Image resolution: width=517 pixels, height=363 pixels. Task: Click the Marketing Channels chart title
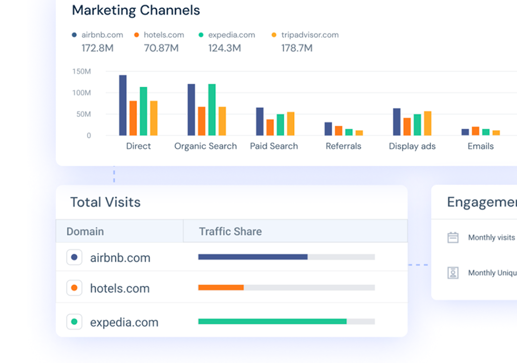(136, 10)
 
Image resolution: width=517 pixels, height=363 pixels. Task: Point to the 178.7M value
(297, 48)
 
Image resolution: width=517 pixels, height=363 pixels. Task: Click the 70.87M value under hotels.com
(161, 48)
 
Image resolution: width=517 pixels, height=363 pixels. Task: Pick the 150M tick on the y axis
(81, 72)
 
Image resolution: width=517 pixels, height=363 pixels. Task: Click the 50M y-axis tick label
(83, 114)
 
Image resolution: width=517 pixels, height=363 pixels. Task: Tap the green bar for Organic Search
(212, 109)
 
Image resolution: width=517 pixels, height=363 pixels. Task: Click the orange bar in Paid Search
(270, 127)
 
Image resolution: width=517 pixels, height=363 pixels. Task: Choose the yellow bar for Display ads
(427, 123)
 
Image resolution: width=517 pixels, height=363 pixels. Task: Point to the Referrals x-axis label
(343, 146)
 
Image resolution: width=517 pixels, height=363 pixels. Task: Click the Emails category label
(480, 146)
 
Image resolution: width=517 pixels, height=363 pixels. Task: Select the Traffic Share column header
(230, 232)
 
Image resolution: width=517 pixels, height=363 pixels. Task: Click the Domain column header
(85, 232)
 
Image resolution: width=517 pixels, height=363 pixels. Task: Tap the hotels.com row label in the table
(120, 289)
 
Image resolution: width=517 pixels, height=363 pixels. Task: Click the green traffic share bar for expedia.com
(272, 321)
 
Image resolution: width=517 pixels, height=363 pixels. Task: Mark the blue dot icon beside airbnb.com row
(75, 258)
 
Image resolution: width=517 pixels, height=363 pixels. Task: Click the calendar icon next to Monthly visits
(453, 237)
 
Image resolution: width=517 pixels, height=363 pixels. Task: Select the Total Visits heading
(105, 202)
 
